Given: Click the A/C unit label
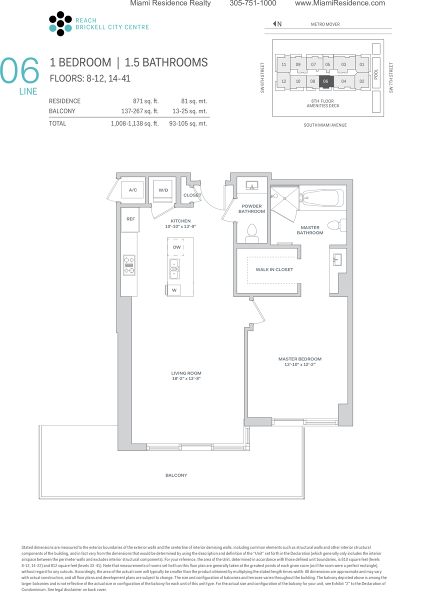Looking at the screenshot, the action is pos(132,189).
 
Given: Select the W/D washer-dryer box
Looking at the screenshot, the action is pos(163,191).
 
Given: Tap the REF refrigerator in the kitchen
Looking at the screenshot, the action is pos(130,219).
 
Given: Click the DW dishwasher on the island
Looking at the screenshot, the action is pos(175,247).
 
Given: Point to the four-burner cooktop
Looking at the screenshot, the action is pos(129,265).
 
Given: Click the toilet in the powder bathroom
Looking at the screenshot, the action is pos(252,233).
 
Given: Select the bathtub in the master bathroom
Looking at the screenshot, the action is pos(322,198).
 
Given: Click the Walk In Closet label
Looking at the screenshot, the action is pos(274,269).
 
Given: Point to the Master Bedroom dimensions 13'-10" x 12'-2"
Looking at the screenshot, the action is pos(299,364).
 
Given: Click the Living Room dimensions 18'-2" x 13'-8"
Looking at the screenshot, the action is pos(186,378).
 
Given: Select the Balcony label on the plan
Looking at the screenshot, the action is pos(176,475).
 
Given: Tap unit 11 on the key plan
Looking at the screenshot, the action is pos(283,64).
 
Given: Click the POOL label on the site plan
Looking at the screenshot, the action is pos(376,74).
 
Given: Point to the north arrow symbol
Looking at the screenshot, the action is pos(275,23).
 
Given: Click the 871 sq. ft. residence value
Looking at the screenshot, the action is pos(146,101).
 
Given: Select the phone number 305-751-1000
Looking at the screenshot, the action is pos(253,3).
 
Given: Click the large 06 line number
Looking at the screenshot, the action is pos(19,70).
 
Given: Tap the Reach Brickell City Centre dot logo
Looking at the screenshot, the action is pos(60,23).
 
